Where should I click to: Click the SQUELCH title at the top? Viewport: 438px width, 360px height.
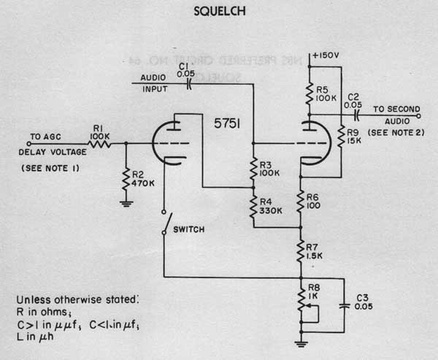point(219,12)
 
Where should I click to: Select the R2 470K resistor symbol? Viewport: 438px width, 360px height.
point(126,178)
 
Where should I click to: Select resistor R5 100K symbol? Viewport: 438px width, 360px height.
point(309,93)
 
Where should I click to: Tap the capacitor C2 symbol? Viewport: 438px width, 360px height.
point(356,115)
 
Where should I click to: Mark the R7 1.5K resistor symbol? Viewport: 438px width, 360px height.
point(300,250)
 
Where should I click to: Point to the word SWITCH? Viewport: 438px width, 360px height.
point(188,229)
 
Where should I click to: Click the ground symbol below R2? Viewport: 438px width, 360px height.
point(126,204)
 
